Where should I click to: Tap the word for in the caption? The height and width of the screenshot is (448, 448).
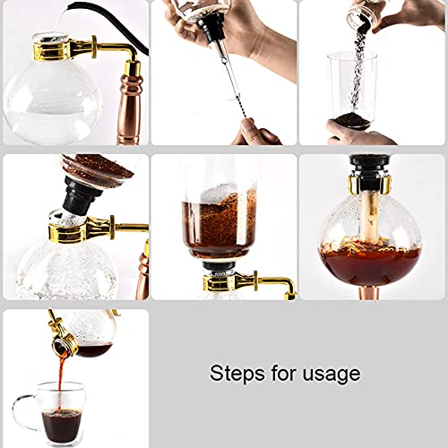pyautogui.click(x=278, y=374)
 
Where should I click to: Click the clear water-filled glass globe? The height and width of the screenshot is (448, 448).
pyautogui.click(x=54, y=103)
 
